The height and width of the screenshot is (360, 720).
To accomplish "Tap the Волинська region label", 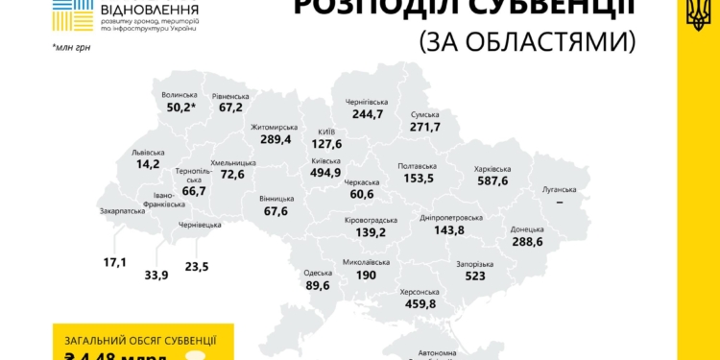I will coord(180,95).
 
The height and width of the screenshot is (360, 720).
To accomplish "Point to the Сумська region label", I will coord(423,114).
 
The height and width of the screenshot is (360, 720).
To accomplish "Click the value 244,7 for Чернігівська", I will coord(367,114).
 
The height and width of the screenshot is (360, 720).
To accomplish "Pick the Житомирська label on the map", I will coord(275,127).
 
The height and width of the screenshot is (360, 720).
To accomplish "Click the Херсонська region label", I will coord(419,292).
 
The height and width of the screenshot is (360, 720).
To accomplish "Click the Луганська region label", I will coord(559,190).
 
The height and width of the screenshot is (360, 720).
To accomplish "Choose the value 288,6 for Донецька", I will coord(526,242).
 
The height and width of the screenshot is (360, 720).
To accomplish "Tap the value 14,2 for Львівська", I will coord(148,164).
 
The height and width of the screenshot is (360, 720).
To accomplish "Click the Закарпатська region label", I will coord(122,211).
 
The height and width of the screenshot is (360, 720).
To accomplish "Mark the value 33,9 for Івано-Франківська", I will coord(156,275).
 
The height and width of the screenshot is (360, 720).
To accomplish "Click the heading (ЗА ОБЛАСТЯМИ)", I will coord(528,41).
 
